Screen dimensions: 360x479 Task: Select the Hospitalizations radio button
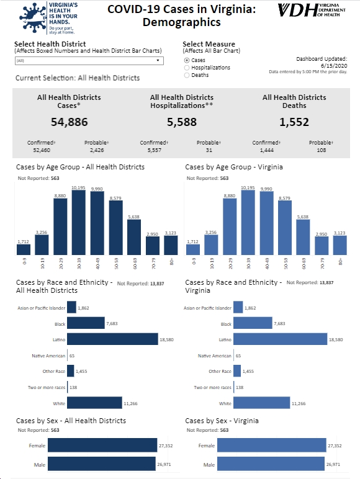tap(187, 68)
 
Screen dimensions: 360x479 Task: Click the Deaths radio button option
tap(187, 75)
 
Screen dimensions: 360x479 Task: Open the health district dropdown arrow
tap(158, 60)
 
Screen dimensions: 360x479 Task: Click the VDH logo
tap(312, 11)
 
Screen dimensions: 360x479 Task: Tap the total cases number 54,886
tap(70, 122)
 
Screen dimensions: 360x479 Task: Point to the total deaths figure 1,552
tap(294, 122)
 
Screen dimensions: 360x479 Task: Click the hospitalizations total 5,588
tap(182, 122)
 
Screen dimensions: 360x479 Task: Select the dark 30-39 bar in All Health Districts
tap(79, 222)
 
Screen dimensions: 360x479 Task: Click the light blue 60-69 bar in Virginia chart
tap(303, 237)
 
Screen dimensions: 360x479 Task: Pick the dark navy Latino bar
tap(112, 339)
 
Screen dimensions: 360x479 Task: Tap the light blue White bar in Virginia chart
tap(261, 403)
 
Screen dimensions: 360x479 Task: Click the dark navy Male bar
tap(101, 463)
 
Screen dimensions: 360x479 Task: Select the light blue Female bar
tap(272, 445)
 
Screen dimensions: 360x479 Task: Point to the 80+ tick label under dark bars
tap(171, 261)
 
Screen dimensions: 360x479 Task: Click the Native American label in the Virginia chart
tap(215, 356)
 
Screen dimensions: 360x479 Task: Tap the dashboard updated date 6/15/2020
tap(334, 65)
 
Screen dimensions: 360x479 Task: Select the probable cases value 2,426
tap(97, 150)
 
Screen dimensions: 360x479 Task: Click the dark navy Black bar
tap(86, 323)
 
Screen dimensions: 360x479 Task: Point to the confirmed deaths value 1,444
tap(266, 150)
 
